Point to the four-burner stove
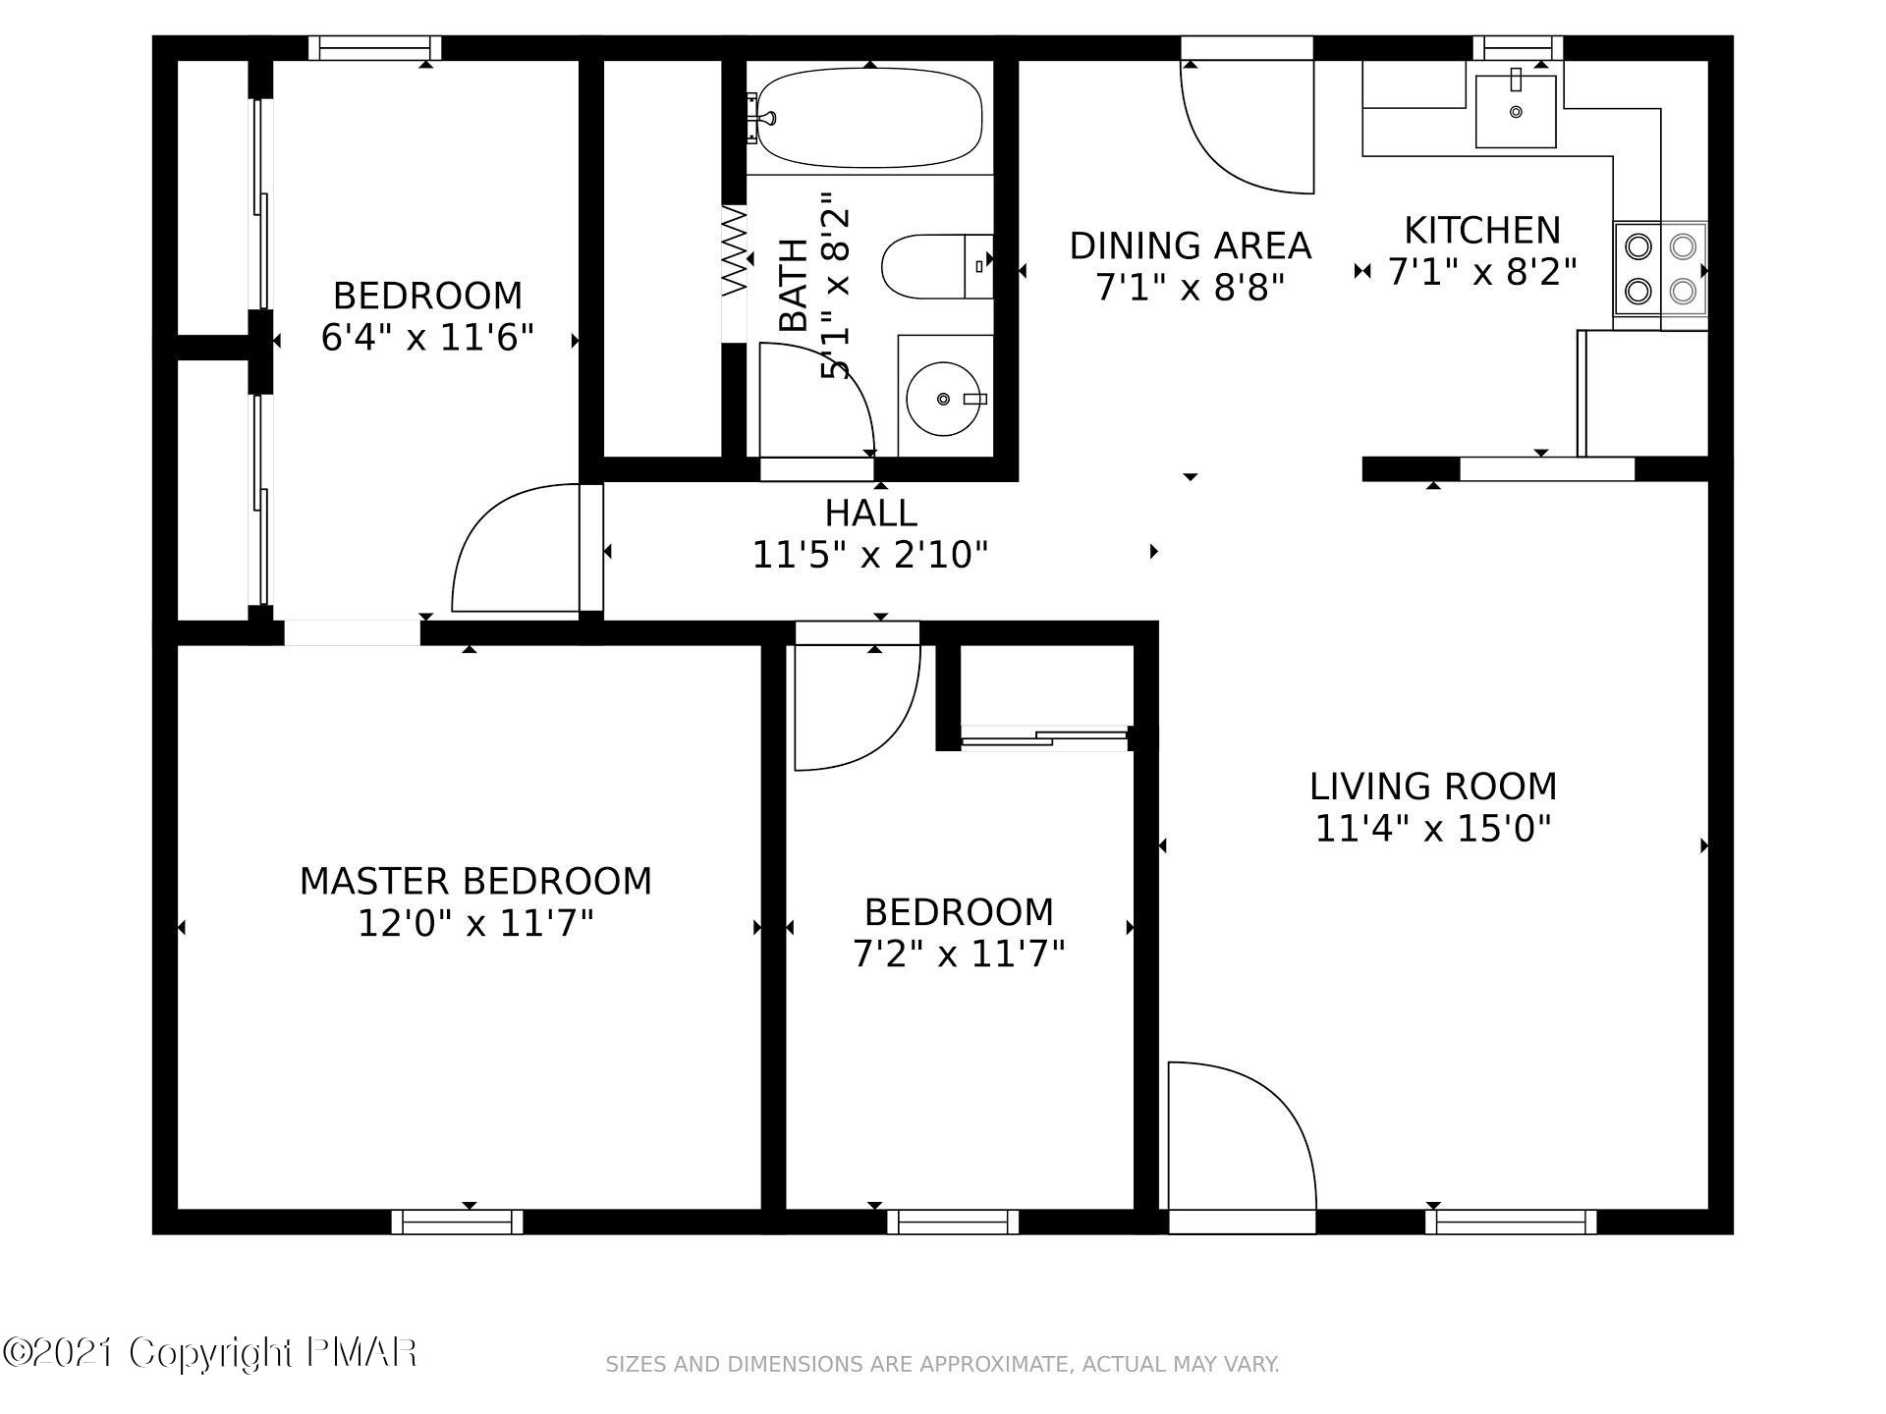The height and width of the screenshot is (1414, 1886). (1660, 268)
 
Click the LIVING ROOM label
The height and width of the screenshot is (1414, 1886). (1433, 787)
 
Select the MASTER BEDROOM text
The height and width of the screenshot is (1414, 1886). (475, 881)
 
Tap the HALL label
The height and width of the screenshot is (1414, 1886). (870, 513)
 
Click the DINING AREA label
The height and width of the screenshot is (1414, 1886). (1191, 245)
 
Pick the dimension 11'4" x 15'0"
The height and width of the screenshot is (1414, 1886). (1433, 829)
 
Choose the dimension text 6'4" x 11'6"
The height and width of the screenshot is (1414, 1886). (427, 338)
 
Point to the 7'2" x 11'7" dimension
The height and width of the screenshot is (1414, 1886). (959, 953)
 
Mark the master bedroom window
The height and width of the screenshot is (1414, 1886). (457, 1222)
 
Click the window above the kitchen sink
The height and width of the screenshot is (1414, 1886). (1518, 47)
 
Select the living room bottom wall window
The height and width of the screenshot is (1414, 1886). (1511, 1222)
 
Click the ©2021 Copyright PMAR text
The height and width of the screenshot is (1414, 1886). (210, 1353)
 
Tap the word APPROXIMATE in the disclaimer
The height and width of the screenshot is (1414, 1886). (992, 1365)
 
